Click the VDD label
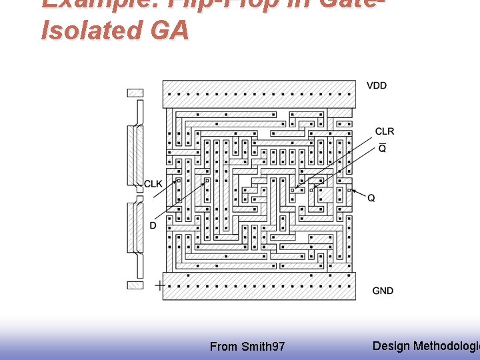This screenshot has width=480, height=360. pyautogui.click(x=377, y=85)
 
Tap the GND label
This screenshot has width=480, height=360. pyautogui.click(x=383, y=291)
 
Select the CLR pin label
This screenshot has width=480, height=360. pyautogui.click(x=385, y=131)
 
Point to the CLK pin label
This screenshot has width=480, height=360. pyautogui.click(x=153, y=184)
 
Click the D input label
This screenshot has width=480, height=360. pyautogui.click(x=153, y=225)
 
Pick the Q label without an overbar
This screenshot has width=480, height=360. pyautogui.click(x=371, y=198)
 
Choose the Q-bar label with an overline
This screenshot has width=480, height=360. pyautogui.click(x=382, y=148)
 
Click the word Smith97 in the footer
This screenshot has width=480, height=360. pyautogui.click(x=263, y=347)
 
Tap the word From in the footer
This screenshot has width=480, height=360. pyautogui.click(x=223, y=347)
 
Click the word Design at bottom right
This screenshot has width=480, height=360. pyautogui.click(x=391, y=345)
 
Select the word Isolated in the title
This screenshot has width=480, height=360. pyautogui.click(x=91, y=31)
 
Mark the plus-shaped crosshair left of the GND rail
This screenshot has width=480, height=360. pyautogui.click(x=159, y=286)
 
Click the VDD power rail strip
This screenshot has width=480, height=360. pyautogui.click(x=259, y=94)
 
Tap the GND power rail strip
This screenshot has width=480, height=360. pyautogui.click(x=259, y=286)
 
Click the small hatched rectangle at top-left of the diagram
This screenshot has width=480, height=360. pyautogui.click(x=135, y=93)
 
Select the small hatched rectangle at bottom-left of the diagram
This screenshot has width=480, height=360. pyautogui.click(x=135, y=285)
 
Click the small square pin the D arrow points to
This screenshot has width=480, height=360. pyautogui.click(x=207, y=180)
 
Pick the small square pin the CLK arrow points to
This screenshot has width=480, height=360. pyautogui.click(x=178, y=180)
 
